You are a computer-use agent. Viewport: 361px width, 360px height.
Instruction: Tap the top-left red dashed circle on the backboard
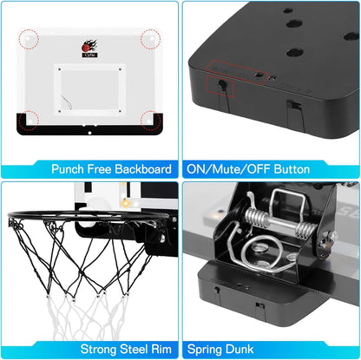tap(32, 38)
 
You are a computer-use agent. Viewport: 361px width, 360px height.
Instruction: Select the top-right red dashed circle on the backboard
tap(150, 38)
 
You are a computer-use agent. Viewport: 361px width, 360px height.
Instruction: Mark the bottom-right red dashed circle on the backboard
tap(149, 119)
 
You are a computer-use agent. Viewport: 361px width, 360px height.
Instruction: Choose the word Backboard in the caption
tap(141, 169)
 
